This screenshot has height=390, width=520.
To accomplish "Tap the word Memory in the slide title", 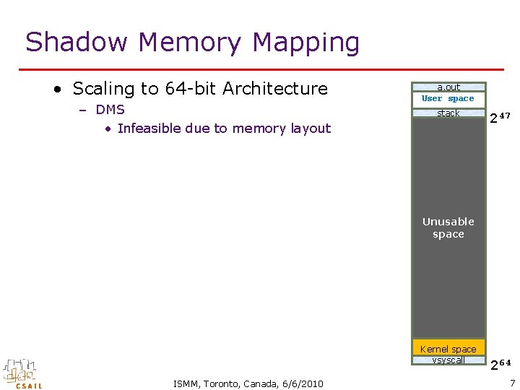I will click(x=190, y=43).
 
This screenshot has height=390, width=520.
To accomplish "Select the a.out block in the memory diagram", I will click(x=448, y=87).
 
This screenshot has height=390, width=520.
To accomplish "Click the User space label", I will click(x=448, y=98).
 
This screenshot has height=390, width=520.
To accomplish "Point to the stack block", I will click(x=448, y=113).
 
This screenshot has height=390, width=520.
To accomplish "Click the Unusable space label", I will click(x=448, y=227).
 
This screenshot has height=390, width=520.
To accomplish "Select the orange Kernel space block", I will click(x=448, y=349).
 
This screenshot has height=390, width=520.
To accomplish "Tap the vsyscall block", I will click(x=448, y=360).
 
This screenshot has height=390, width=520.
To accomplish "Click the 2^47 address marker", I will click(x=500, y=117).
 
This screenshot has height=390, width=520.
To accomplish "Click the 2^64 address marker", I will click(x=500, y=363).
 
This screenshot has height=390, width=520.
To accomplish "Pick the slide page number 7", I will click(x=512, y=382).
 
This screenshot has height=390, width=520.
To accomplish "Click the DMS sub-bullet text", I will click(x=110, y=110).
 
